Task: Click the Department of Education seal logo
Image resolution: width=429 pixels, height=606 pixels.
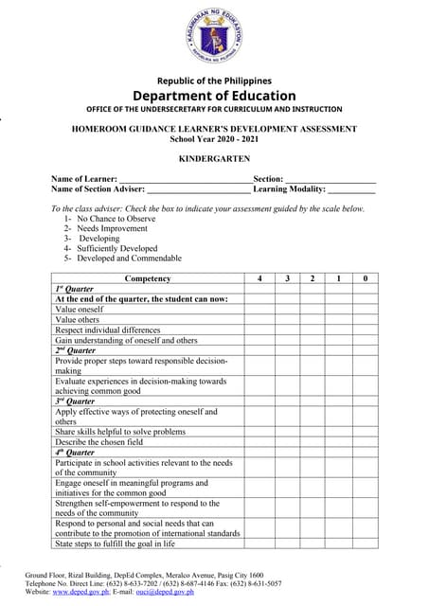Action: (214, 37)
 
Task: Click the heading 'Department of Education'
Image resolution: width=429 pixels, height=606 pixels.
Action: (214, 96)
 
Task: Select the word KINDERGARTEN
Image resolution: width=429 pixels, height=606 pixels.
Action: (214, 158)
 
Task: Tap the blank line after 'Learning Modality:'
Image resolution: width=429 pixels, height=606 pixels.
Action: (351, 190)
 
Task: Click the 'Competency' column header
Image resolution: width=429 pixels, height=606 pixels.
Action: (147, 278)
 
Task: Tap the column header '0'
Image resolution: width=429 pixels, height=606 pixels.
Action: (365, 278)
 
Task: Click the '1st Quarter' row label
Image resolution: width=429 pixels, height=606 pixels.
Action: (74, 289)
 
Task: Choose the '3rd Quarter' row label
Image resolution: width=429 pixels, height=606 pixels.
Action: (75, 401)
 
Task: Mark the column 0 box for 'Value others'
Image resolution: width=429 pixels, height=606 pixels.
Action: (365, 320)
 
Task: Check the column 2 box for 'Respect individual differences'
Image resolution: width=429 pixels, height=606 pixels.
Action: (312, 330)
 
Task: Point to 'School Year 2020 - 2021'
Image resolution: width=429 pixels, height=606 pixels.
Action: (214, 138)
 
